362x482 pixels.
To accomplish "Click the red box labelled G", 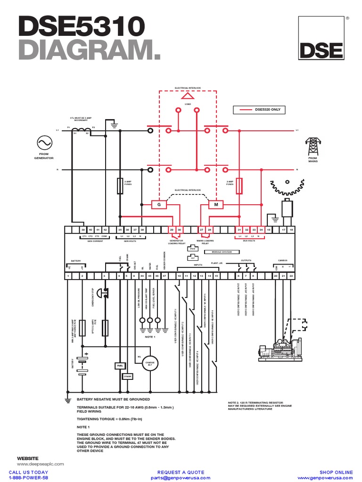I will [x=159, y=205].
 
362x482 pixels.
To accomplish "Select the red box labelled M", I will [x=216, y=205].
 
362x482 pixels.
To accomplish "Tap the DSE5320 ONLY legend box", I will [x=259, y=110].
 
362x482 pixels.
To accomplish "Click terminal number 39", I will [x=83, y=230].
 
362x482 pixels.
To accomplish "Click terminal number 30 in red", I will [x=179, y=230].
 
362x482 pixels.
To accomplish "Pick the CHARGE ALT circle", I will [x=150, y=363].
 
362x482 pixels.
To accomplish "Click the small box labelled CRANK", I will [x=128, y=376].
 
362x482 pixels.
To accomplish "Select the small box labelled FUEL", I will [x=119, y=365].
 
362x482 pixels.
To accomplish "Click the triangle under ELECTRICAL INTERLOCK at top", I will [x=181, y=95].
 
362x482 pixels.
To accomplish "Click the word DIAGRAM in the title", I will [x=86, y=50].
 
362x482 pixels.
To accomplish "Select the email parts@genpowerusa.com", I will [x=181, y=477].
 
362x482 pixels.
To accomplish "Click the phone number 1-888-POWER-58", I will [x=28, y=477].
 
